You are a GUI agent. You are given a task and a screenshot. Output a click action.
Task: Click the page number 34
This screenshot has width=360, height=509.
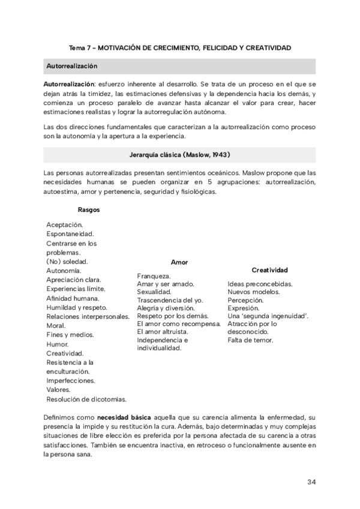pyautogui.click(x=311, y=482)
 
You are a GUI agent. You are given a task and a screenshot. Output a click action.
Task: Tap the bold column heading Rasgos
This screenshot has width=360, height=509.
pyautogui.click(x=89, y=209)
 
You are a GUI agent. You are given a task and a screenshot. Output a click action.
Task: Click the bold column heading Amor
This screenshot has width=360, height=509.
pyautogui.click(x=179, y=262)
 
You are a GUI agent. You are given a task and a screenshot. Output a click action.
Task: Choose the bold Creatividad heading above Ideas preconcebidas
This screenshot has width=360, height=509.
pyautogui.click(x=269, y=270)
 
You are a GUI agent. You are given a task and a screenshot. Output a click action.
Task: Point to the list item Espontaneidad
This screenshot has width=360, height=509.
pyautogui.click(x=70, y=234)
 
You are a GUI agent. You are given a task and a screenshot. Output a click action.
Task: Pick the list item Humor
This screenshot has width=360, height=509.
pyautogui.click(x=58, y=345)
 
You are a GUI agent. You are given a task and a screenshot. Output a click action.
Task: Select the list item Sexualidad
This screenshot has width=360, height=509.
pyautogui.click(x=154, y=292)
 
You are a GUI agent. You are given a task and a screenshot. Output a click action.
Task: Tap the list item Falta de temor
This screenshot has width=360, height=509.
pyautogui.click(x=250, y=340)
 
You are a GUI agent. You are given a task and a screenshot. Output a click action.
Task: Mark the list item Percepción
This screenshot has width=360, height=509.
pyautogui.click(x=245, y=300)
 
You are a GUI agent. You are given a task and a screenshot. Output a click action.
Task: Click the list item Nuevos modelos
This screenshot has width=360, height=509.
pyautogui.click(x=253, y=292)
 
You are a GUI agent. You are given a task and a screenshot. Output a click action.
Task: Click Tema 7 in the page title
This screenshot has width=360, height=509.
pyautogui.click(x=81, y=47)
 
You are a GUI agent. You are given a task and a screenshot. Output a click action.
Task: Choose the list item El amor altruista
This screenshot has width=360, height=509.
pyautogui.click(x=163, y=331)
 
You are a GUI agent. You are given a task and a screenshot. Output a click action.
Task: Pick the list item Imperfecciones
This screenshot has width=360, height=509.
pyautogui.click(x=70, y=381)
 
